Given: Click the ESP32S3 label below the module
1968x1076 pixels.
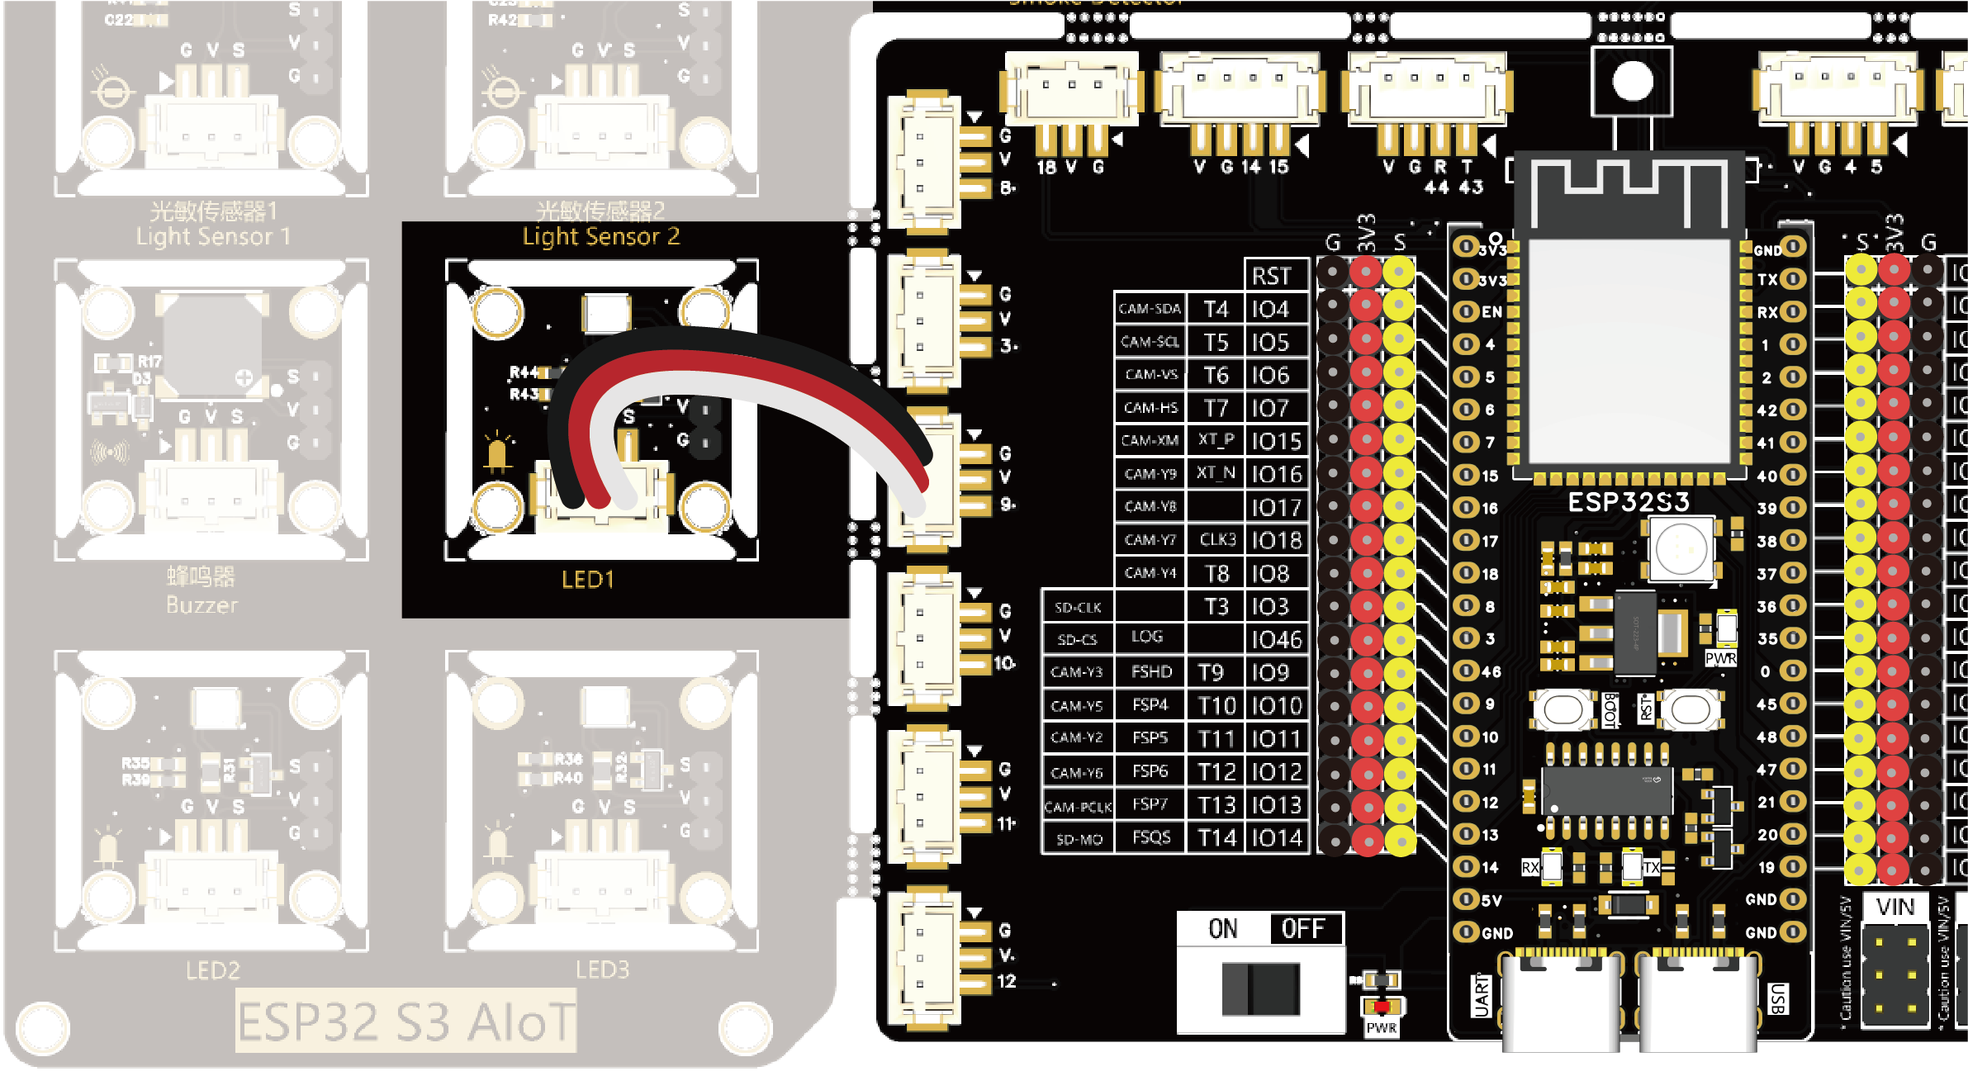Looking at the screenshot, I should click(x=1628, y=502).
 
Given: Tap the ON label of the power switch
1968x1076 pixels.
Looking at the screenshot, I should click(x=1223, y=929).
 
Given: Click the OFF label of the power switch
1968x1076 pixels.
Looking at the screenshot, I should click(x=1302, y=929).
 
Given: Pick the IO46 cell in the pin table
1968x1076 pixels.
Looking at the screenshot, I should click(x=1276, y=639).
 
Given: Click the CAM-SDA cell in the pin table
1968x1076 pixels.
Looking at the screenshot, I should click(x=1149, y=309).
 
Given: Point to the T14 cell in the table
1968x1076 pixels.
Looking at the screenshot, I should click(x=1216, y=838).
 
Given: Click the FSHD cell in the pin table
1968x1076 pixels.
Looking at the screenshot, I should click(x=1151, y=672).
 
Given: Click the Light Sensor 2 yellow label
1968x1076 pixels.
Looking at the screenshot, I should click(x=600, y=237).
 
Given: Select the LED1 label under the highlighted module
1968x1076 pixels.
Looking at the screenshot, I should click(x=587, y=580).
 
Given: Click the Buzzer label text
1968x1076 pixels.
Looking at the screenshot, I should click(x=202, y=605).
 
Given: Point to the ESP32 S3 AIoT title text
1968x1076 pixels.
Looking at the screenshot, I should click(x=405, y=1022).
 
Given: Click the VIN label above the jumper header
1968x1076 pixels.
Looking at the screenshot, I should click(x=1894, y=908).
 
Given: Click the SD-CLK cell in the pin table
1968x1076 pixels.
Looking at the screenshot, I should click(x=1078, y=608).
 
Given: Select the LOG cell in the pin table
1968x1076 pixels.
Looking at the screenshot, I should click(x=1147, y=637).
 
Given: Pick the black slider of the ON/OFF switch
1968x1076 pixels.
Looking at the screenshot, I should click(x=1261, y=988).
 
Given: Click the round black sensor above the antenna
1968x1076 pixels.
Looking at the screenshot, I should click(x=1632, y=81).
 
